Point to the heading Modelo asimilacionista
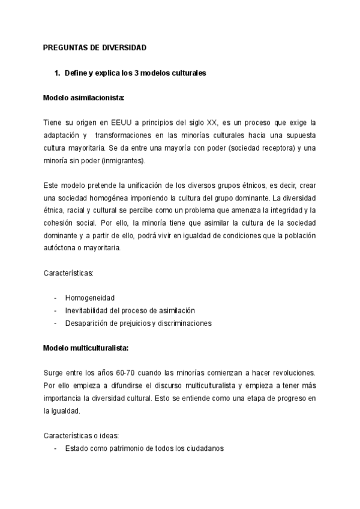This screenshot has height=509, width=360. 84,98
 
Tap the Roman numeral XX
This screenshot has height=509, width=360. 211,123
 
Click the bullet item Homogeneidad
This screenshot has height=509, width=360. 90,298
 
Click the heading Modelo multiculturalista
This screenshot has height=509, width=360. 86,348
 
